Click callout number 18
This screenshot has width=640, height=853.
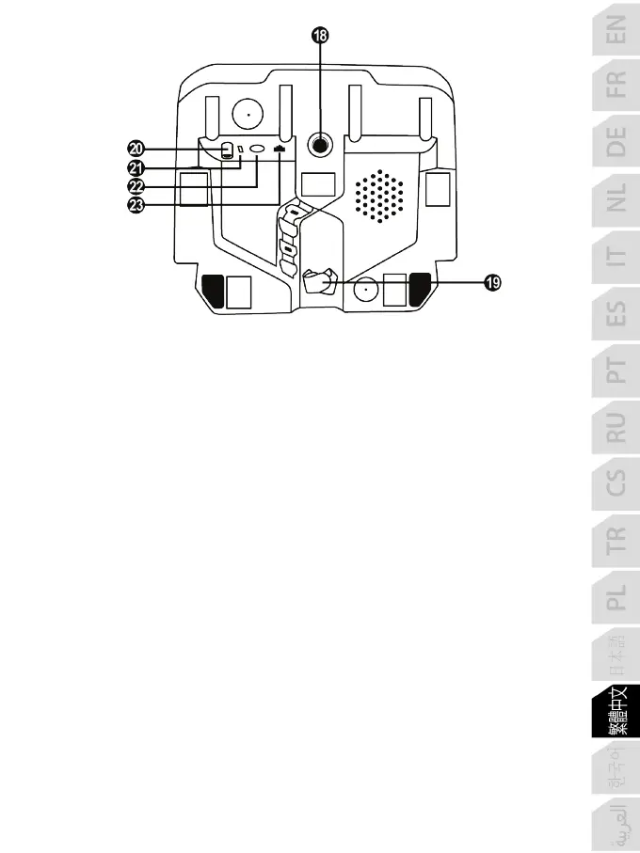(321, 35)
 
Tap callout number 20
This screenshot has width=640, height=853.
(136, 149)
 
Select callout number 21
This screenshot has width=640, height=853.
(136, 167)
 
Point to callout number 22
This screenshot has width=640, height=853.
(136, 187)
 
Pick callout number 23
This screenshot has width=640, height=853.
(136, 206)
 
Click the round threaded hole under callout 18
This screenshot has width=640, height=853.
(321, 146)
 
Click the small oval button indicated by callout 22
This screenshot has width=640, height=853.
(256, 150)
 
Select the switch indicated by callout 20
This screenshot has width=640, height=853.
(227, 150)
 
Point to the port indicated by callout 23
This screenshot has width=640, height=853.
(279, 149)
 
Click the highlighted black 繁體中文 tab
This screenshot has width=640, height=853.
(616, 715)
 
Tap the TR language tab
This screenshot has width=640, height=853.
(616, 537)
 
